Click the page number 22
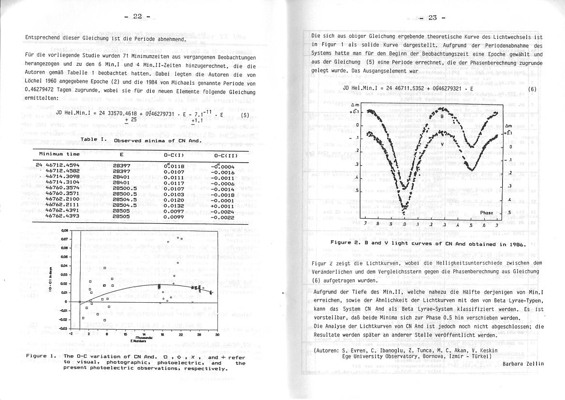137,17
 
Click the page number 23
432,18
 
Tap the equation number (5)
245,115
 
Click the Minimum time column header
59,154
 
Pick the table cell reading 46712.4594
60,166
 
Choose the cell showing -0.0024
222,211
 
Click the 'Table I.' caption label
94,139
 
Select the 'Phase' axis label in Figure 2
487,213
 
